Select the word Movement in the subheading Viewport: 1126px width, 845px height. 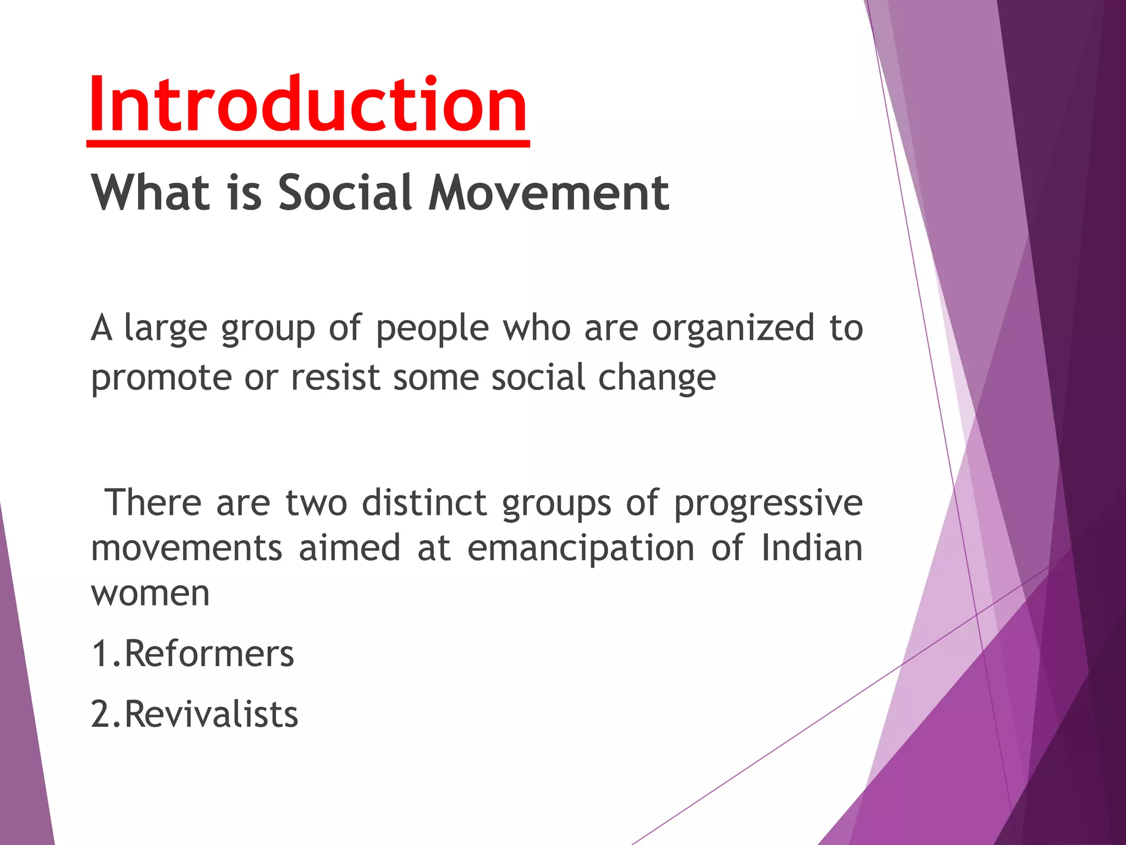pyautogui.click(x=549, y=193)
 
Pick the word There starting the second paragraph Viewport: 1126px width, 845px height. pyautogui.click(x=153, y=503)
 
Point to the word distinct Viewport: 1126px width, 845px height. pyautogui.click(x=424, y=503)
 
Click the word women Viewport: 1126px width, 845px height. pyautogui.click(x=150, y=594)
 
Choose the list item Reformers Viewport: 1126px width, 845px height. pyautogui.click(x=209, y=654)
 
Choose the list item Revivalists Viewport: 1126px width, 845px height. pyautogui.click(x=211, y=714)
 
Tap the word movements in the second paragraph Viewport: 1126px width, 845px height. pyautogui.click(x=186, y=549)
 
